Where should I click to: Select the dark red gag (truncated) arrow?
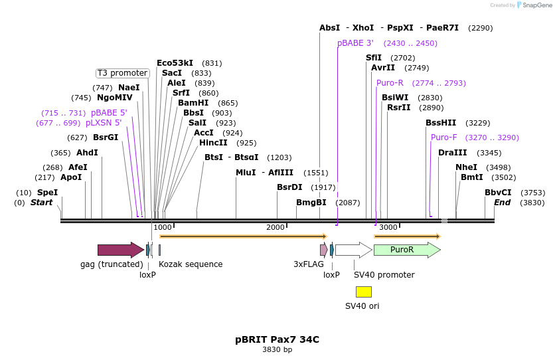point(120,250)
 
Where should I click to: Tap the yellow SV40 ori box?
point(363,292)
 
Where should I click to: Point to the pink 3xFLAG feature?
point(323,250)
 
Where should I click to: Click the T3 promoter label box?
point(122,73)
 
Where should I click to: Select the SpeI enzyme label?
point(47,193)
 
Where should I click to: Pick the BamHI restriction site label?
point(193,103)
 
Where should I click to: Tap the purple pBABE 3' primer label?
point(355,43)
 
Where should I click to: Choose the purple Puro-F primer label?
point(443,137)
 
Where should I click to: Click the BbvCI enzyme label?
point(498,193)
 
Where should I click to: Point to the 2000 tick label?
point(275,227)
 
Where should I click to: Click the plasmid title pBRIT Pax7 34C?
point(277,339)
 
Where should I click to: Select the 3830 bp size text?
point(277,349)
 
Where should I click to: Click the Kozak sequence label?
point(191,264)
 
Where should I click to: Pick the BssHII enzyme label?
point(441,123)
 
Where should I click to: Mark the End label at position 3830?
point(502,203)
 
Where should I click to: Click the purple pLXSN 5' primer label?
point(104,123)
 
